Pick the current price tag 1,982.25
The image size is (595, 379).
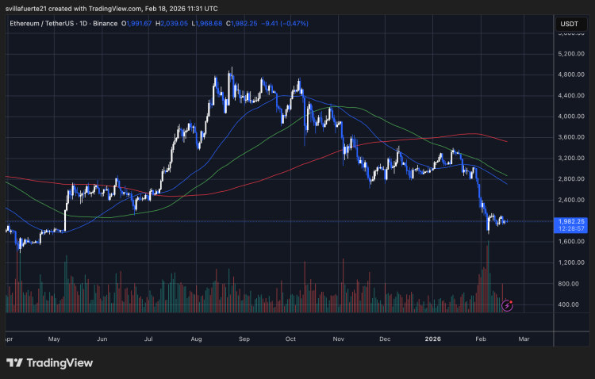(x=572, y=222)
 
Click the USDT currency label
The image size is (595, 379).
(x=570, y=25)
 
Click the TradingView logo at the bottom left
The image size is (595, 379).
(x=49, y=362)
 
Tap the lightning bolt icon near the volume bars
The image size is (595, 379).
(x=509, y=304)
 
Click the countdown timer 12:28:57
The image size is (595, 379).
(x=572, y=229)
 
